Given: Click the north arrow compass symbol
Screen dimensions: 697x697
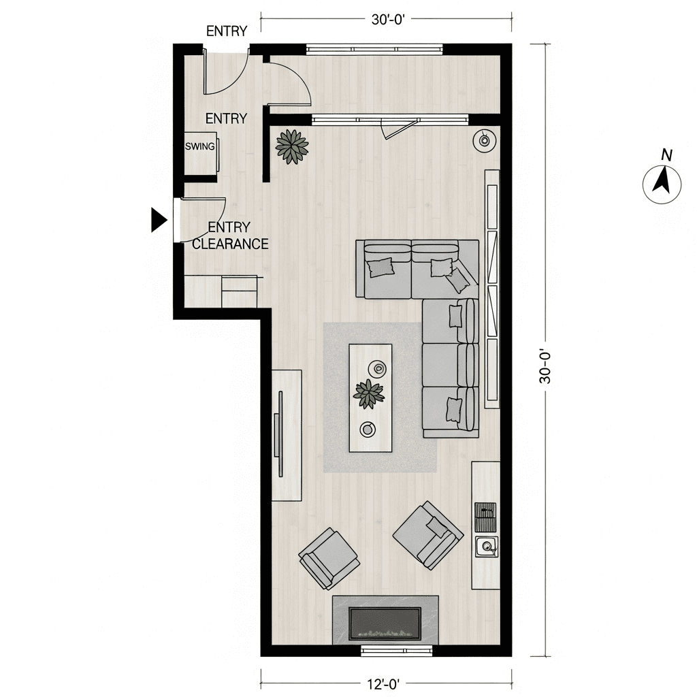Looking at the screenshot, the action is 662,184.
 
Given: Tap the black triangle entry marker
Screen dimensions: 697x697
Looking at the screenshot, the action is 159,220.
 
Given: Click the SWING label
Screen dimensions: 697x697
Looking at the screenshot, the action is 200,146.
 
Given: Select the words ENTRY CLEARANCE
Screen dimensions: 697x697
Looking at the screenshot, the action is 230,236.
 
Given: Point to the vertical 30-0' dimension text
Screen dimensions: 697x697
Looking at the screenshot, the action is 545,367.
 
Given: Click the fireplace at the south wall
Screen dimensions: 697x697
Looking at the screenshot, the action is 385,620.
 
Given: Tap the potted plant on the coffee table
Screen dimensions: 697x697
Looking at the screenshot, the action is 368,394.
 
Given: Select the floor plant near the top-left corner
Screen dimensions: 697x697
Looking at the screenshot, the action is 292,147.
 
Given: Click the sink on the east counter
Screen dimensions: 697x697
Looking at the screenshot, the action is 486,547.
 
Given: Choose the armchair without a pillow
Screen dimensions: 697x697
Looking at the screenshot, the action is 329,558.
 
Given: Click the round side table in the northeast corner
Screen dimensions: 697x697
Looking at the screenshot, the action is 485,140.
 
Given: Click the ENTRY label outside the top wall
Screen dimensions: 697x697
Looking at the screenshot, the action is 227,31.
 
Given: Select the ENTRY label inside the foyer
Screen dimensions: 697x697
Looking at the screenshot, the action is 226,118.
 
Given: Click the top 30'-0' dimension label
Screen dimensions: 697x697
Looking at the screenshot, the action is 388,20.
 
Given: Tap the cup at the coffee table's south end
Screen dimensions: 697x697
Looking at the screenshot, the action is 368,429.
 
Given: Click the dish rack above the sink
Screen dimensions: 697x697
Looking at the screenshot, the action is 485,517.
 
